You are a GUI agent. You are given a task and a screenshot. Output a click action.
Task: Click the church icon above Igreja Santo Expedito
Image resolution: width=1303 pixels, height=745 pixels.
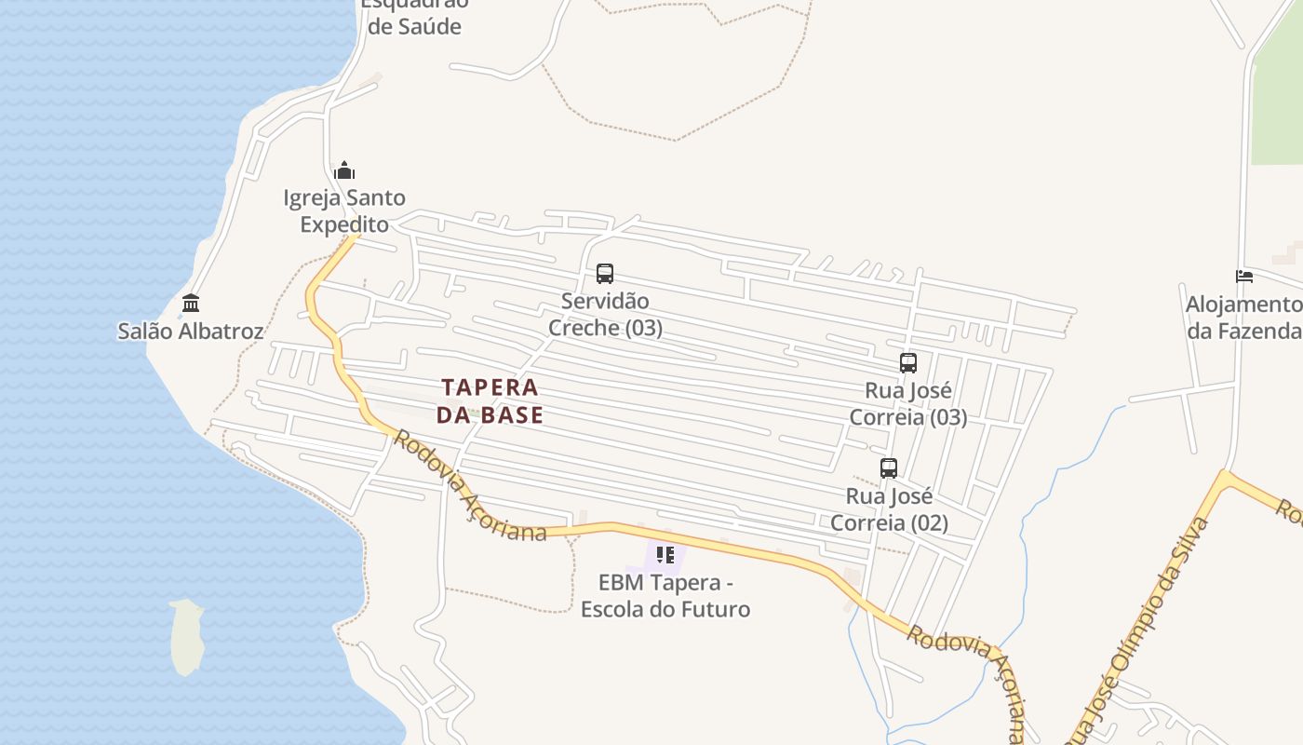pos(344,170)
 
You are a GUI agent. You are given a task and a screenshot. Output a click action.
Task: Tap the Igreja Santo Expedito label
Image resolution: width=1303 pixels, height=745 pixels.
pos(344,210)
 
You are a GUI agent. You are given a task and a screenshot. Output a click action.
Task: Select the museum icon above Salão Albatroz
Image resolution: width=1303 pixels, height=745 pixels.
pos(191,304)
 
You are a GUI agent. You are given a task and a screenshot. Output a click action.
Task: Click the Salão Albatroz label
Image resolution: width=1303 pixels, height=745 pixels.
pos(191,331)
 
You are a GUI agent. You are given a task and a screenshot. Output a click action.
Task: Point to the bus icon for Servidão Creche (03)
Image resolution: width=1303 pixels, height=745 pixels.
pos(605,274)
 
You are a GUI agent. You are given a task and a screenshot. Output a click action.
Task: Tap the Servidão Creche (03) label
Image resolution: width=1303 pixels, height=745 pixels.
pos(605,315)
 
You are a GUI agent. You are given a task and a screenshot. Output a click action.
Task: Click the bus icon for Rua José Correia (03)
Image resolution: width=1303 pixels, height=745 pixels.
pos(908,363)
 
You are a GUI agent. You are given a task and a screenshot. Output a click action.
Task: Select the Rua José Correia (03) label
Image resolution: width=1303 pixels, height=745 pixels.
pos(908,403)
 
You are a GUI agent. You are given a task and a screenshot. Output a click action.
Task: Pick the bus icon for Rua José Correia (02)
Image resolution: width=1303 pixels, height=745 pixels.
pos(889,468)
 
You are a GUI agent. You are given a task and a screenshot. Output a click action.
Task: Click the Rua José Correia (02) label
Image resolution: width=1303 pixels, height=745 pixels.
pos(889,509)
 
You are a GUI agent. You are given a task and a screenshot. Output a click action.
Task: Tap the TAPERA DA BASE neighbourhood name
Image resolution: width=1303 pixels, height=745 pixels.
pos(490,400)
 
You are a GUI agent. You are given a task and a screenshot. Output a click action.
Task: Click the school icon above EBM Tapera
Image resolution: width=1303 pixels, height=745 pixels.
pos(665,555)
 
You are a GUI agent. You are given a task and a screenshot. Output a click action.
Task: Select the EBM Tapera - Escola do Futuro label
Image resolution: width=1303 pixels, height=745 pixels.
pos(665,596)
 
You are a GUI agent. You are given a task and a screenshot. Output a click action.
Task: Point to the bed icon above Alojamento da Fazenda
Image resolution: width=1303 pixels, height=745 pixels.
pos(1244,276)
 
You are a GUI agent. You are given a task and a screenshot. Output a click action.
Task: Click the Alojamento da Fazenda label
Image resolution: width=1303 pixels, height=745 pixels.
pos(1243,318)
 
